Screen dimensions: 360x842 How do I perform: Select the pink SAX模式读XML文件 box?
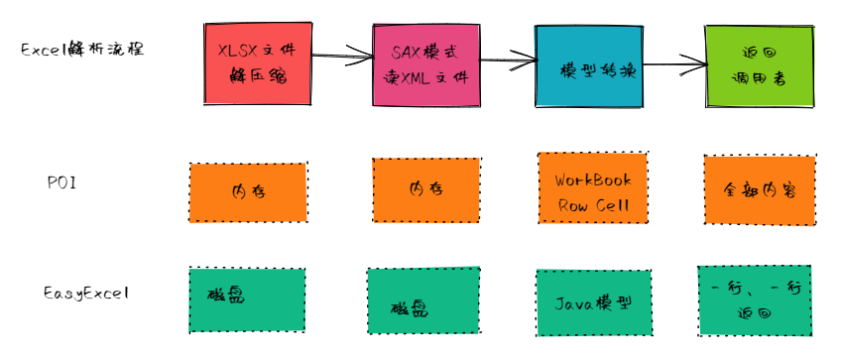[426, 64]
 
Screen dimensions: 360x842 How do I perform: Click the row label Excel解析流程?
[82, 49]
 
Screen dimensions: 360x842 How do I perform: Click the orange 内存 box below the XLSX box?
[248, 192]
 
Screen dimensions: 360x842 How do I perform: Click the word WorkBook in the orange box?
[593, 180]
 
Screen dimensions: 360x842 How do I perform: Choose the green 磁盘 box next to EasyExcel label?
[247, 300]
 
